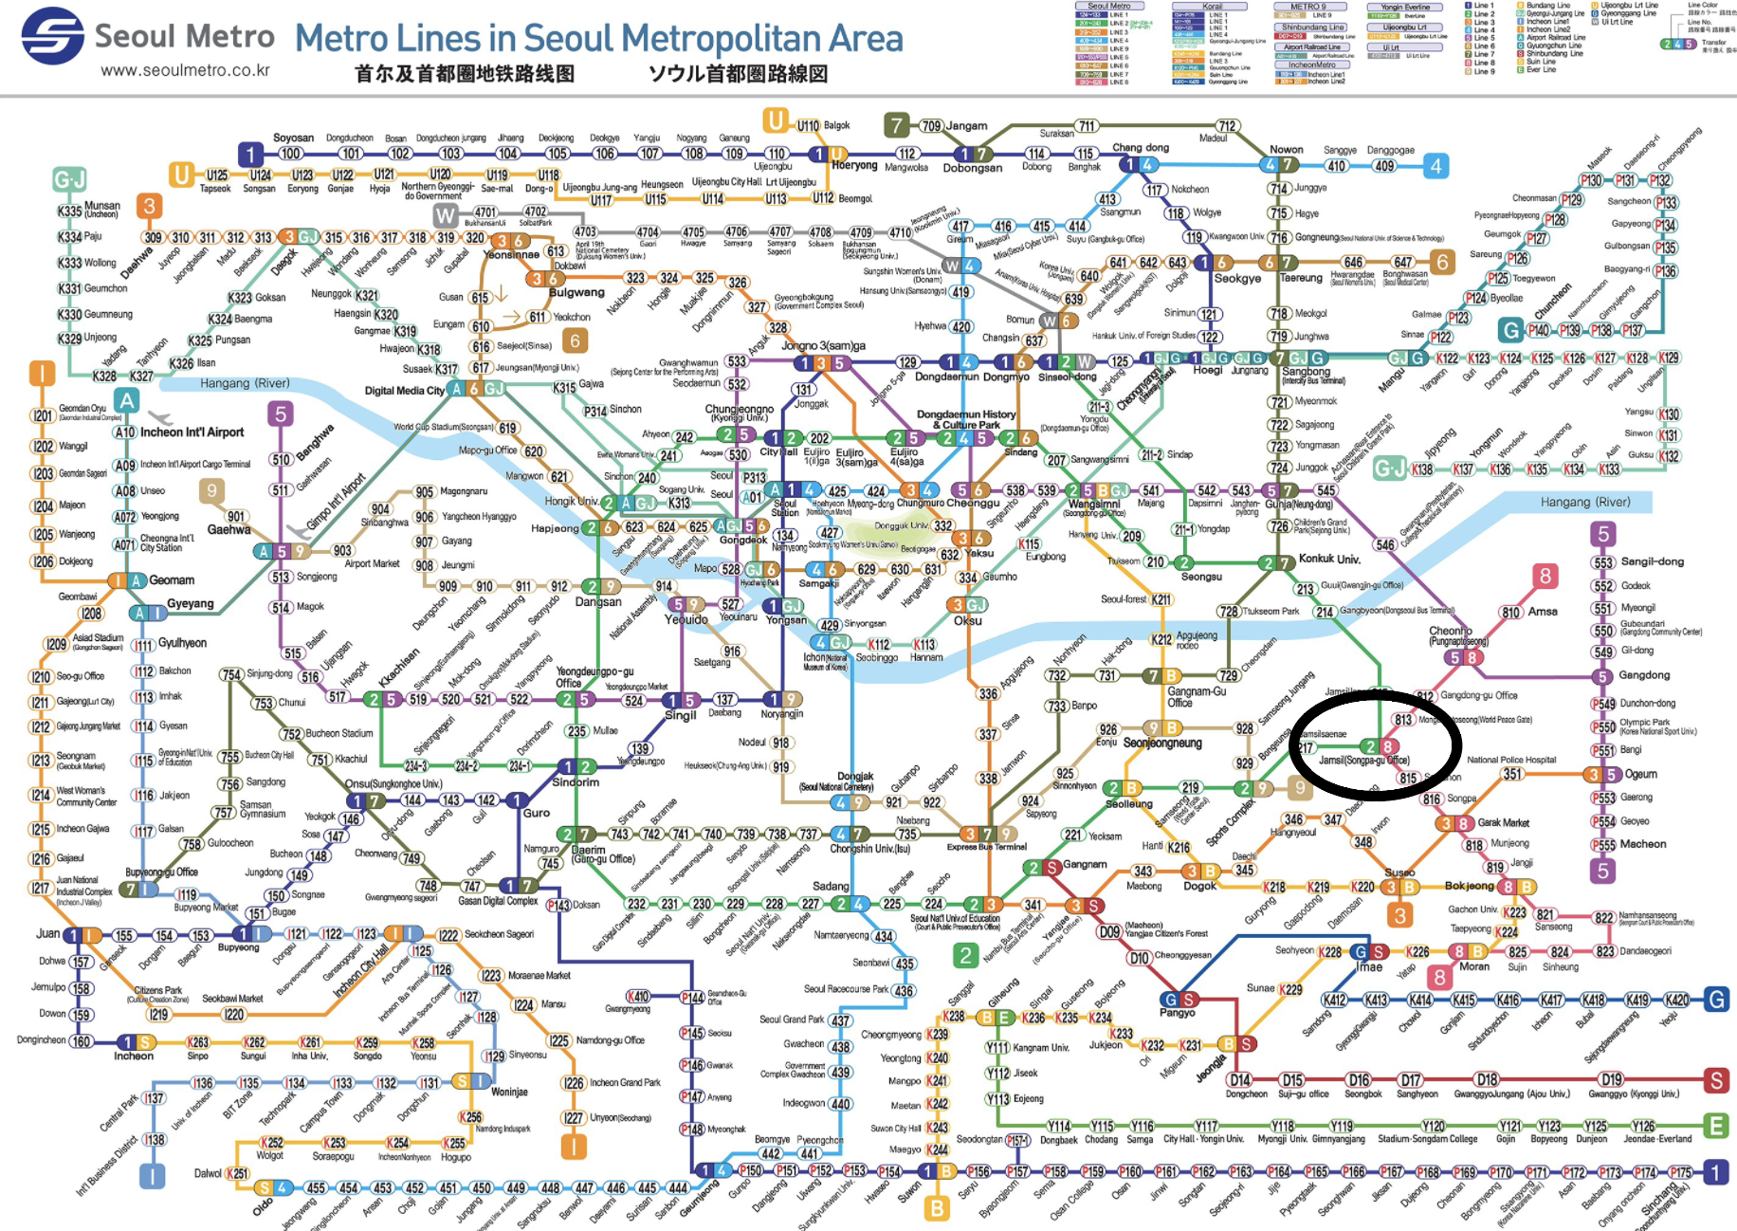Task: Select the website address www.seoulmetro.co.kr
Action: [185, 71]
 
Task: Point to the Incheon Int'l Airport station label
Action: [192, 432]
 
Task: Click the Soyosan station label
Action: [293, 138]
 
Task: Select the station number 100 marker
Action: [290, 154]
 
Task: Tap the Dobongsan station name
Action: [972, 168]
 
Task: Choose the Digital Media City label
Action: [405, 391]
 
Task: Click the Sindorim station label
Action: [576, 782]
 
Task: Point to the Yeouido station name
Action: [686, 620]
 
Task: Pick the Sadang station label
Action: [831, 886]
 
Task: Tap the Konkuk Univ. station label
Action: [1329, 559]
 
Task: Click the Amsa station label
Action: [1543, 612]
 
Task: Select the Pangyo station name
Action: [1178, 1013]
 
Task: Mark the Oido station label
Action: [263, 1207]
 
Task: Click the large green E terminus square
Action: [1716, 1126]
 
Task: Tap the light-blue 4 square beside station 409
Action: [1435, 166]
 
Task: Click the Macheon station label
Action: [1643, 844]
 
